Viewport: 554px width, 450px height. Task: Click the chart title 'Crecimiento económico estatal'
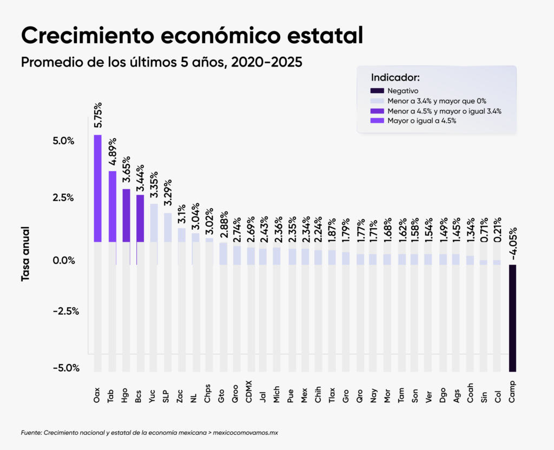192,35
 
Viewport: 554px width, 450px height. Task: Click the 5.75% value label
98,114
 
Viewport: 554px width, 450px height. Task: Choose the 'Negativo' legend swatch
377,91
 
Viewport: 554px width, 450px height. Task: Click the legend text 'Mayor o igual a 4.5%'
422,121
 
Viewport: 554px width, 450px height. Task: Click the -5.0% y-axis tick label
66,368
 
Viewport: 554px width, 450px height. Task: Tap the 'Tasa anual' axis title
25,254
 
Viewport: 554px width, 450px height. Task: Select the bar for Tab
113,206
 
